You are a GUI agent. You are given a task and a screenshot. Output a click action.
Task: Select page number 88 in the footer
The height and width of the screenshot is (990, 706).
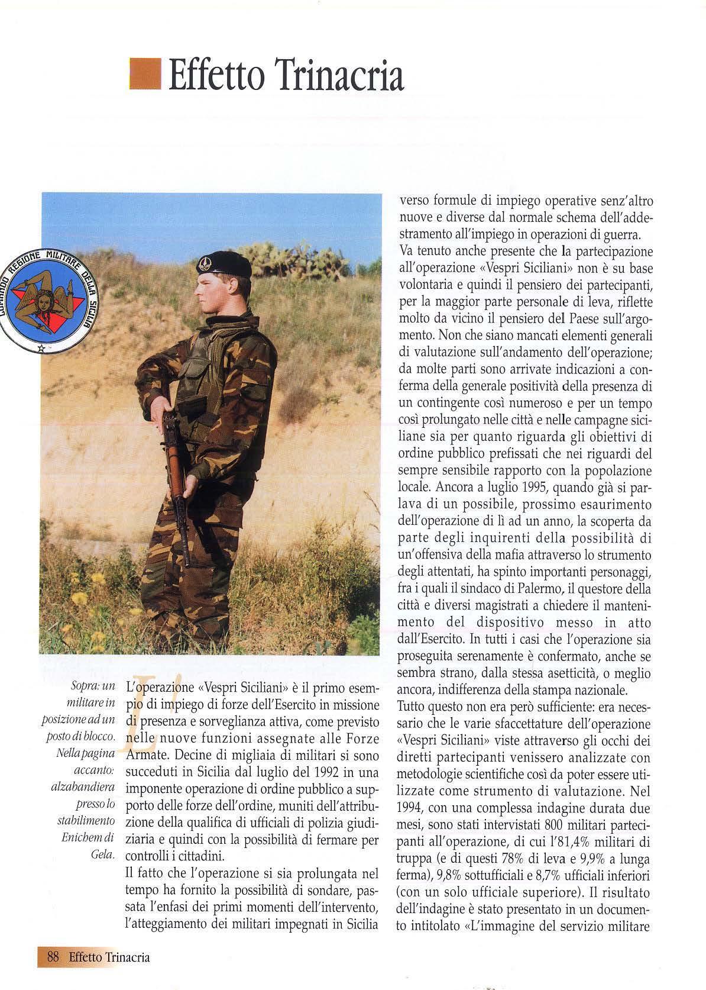coord(51,957)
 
